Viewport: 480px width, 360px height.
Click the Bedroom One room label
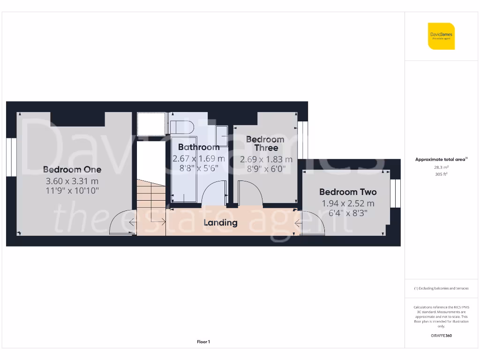72,170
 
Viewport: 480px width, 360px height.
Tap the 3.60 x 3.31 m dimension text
72,181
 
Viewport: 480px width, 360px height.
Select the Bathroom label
199,147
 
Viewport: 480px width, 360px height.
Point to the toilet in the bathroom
182,127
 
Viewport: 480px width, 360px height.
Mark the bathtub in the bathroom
184,169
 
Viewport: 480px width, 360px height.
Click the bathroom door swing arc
214,192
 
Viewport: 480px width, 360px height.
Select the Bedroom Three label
265,143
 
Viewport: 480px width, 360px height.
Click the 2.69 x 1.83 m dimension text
266,159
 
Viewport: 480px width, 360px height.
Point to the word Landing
220,223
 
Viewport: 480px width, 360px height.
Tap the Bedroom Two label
348,192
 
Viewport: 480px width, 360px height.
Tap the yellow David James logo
441,36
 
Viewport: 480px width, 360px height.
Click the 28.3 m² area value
441,167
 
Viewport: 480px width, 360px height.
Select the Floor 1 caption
203,342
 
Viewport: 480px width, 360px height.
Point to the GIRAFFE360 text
441,336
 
